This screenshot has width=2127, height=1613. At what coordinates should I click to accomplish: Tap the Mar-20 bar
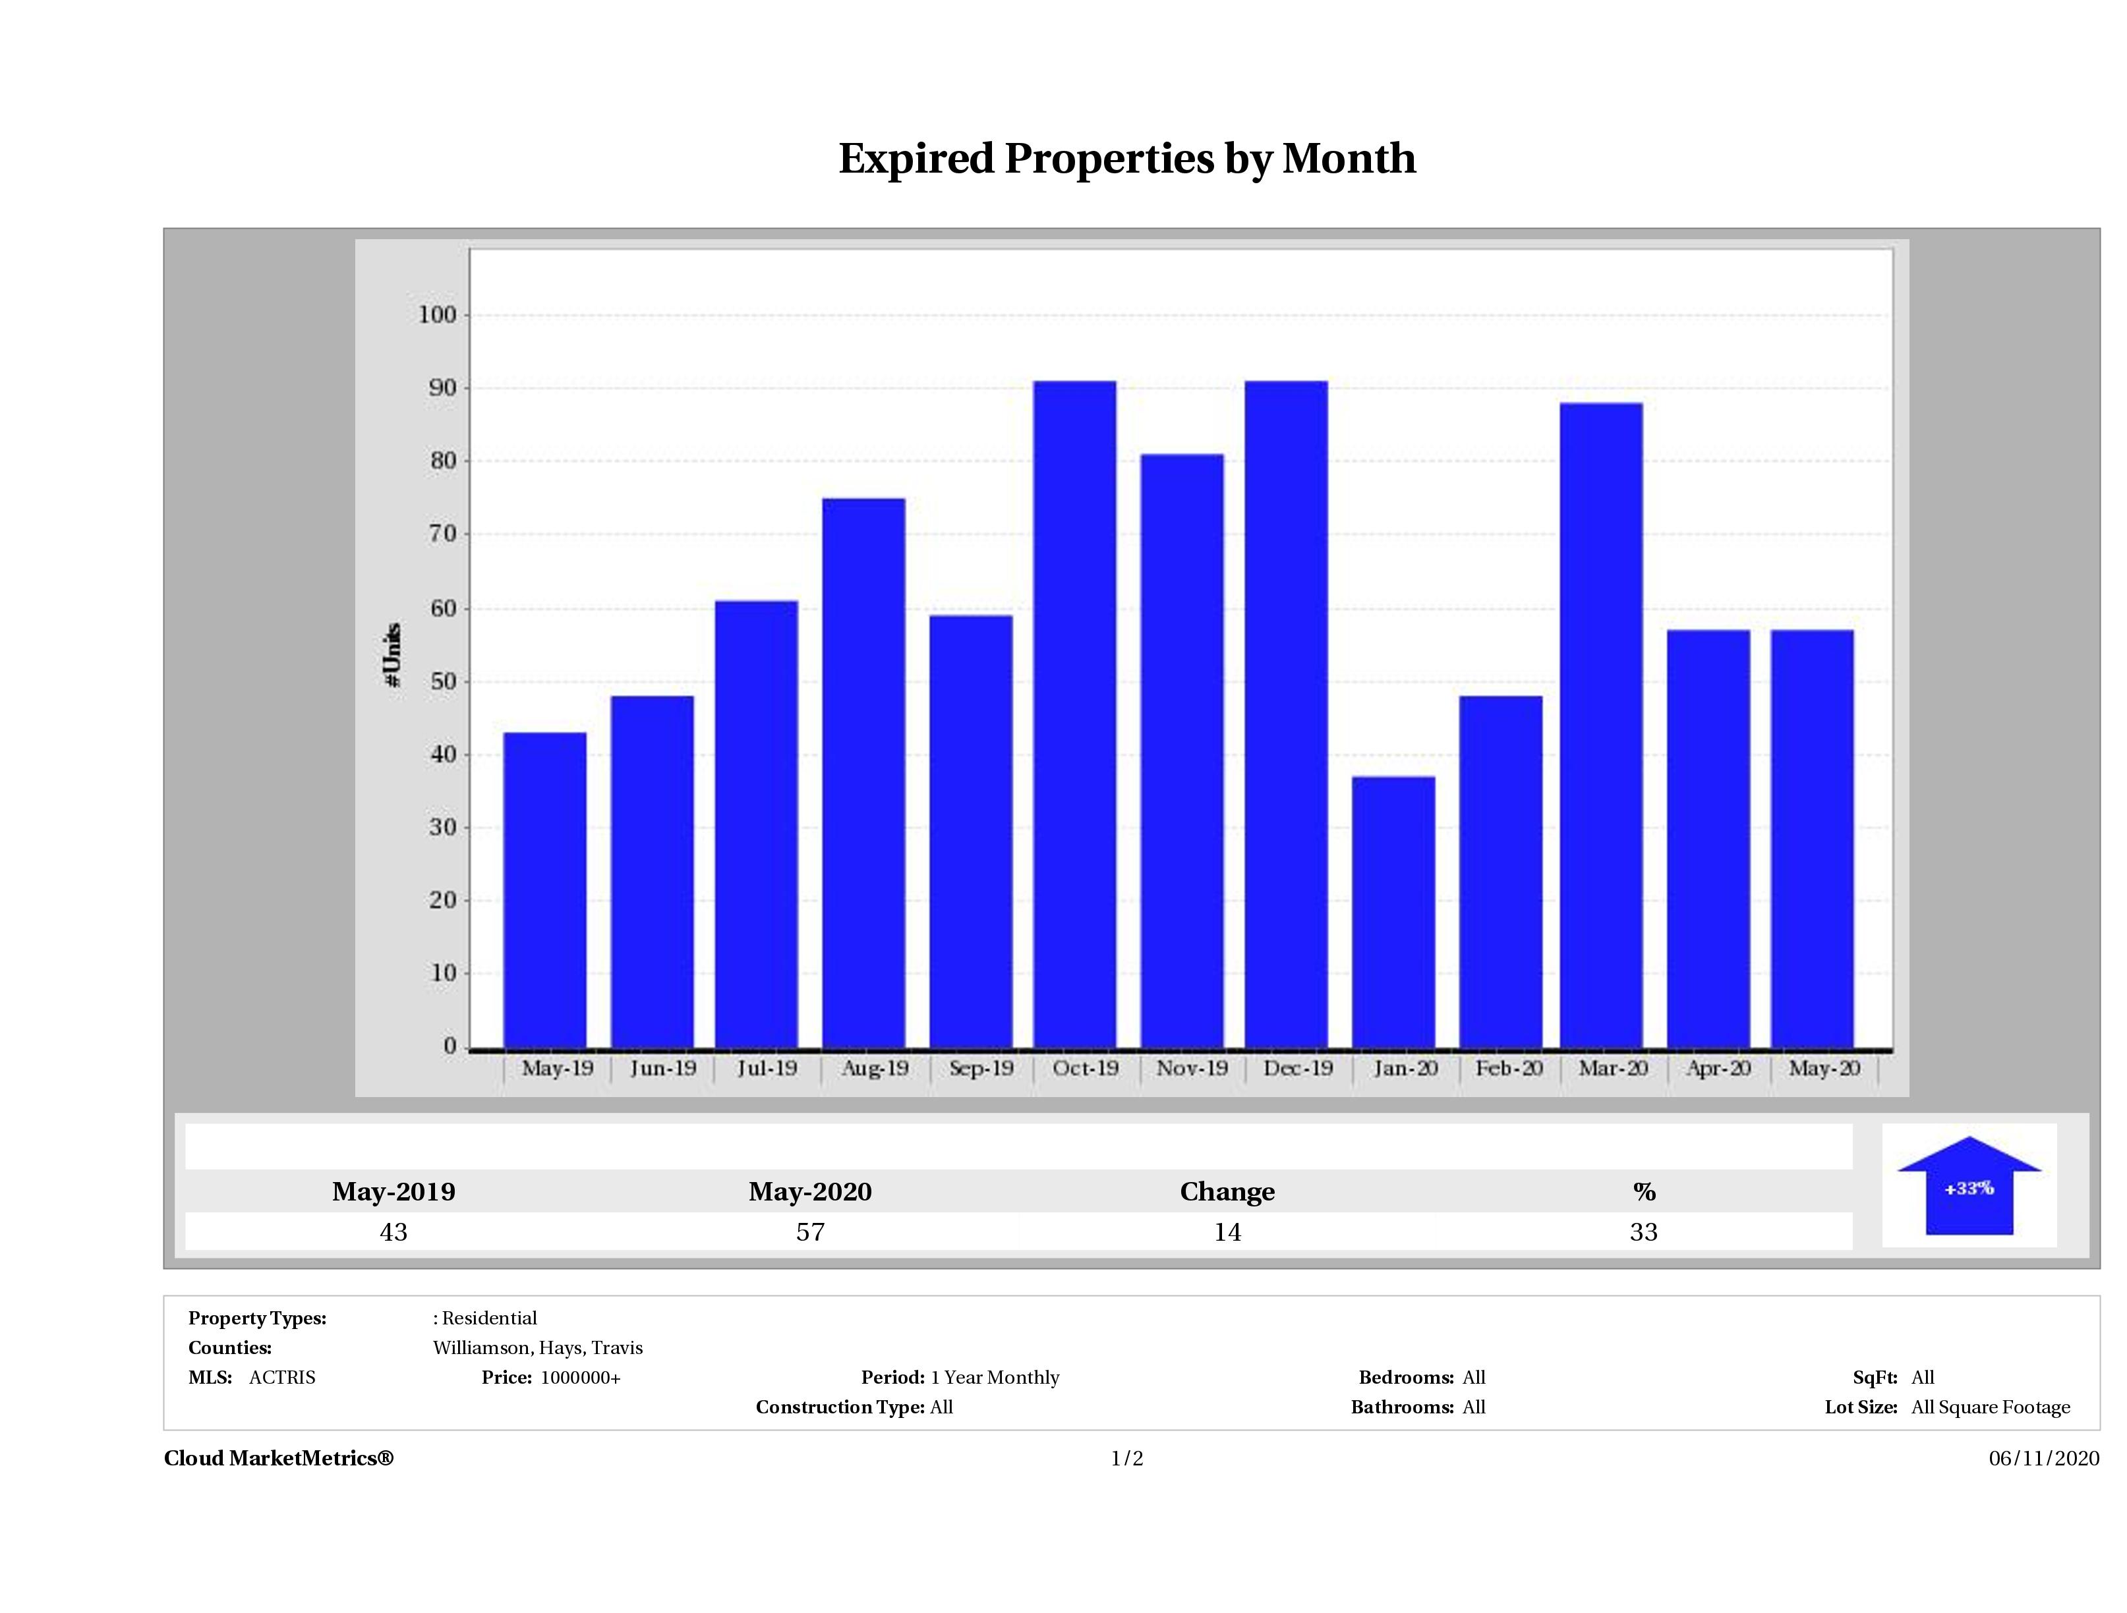(1601, 725)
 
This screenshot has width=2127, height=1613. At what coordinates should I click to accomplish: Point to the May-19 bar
(544, 889)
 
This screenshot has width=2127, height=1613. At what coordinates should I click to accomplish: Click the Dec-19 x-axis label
(1298, 1068)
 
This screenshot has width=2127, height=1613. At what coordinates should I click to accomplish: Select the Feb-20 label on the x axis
(1509, 1068)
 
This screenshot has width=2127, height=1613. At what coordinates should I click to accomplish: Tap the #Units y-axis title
(392, 654)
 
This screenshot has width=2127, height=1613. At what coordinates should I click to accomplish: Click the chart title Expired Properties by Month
(1127, 159)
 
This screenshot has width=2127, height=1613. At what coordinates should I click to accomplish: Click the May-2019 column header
(393, 1192)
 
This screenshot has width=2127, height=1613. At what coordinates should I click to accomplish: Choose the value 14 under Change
(1227, 1232)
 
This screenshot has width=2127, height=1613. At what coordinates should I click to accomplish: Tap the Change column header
(1227, 1192)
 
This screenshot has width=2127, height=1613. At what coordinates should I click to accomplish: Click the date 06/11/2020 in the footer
(2043, 1458)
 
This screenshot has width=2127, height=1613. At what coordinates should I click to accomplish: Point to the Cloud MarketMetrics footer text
(279, 1458)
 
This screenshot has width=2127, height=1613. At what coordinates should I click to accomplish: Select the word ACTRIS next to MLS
(281, 1378)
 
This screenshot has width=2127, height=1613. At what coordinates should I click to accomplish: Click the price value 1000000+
(580, 1378)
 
